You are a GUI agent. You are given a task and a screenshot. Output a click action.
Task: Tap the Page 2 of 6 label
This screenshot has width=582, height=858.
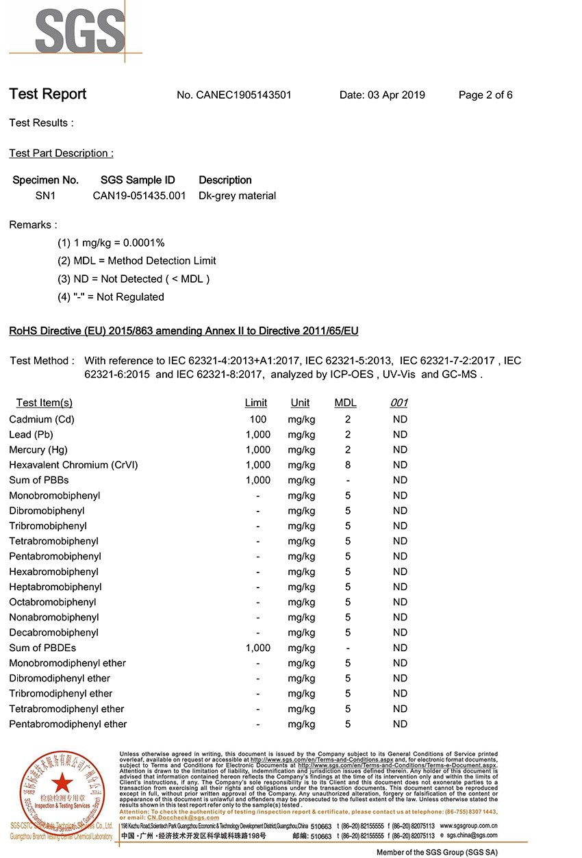pyautogui.click(x=485, y=95)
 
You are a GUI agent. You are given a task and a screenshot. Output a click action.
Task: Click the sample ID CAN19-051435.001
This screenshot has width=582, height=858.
pyautogui.click(x=139, y=196)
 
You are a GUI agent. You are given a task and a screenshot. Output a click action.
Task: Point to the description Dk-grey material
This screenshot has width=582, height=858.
pyautogui.click(x=237, y=196)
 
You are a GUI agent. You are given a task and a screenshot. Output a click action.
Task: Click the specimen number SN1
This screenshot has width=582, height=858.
pyautogui.click(x=45, y=196)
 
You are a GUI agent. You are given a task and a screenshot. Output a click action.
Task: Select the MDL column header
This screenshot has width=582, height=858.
pyautogui.click(x=345, y=403)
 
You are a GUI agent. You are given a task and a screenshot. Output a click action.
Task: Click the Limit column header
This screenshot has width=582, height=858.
pyautogui.click(x=256, y=403)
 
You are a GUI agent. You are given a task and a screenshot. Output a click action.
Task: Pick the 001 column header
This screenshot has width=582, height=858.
pyautogui.click(x=398, y=403)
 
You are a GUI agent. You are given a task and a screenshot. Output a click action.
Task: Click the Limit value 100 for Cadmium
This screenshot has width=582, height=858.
pyautogui.click(x=258, y=419)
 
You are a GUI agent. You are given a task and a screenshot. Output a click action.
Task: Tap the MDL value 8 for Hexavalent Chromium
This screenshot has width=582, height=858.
pyautogui.click(x=348, y=465)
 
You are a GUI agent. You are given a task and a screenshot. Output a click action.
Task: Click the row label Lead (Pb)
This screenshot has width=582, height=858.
pyautogui.click(x=31, y=435)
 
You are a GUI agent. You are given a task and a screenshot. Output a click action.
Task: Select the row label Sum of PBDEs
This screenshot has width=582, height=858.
pyautogui.click(x=42, y=648)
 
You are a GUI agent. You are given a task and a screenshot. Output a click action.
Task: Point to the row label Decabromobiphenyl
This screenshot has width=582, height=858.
pyautogui.click(x=54, y=633)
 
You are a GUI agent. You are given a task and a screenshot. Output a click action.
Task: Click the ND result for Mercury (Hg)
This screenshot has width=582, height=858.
pyautogui.click(x=400, y=450)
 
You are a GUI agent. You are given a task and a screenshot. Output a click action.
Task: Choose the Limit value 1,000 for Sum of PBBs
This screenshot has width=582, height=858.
pyautogui.click(x=258, y=480)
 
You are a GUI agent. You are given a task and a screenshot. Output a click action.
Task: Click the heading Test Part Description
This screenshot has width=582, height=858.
pyautogui.click(x=61, y=153)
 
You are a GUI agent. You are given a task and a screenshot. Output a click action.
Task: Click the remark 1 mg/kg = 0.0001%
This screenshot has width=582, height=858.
pyautogui.click(x=111, y=242)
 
